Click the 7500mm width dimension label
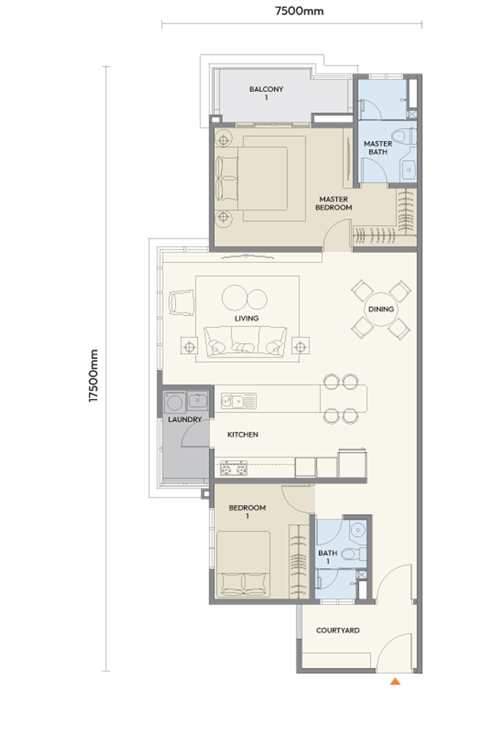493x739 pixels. (x=299, y=11)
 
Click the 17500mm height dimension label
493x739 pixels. (x=94, y=375)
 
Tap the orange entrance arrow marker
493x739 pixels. (x=395, y=681)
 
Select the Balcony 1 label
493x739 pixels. (x=266, y=93)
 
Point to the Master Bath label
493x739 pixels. (x=378, y=148)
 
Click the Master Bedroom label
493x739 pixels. (x=333, y=203)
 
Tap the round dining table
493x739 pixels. (x=381, y=309)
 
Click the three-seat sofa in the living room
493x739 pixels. (x=245, y=342)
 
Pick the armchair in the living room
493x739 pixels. (x=181, y=302)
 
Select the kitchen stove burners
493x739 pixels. (x=234, y=468)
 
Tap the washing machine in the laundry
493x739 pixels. (x=175, y=402)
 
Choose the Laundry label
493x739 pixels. (x=184, y=419)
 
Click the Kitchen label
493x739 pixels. (x=243, y=435)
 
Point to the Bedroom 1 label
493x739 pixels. (x=247, y=511)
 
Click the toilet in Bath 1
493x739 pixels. (x=353, y=554)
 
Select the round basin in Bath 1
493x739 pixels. (x=358, y=530)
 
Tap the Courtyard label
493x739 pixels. (x=338, y=630)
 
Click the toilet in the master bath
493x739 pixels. (x=404, y=135)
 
